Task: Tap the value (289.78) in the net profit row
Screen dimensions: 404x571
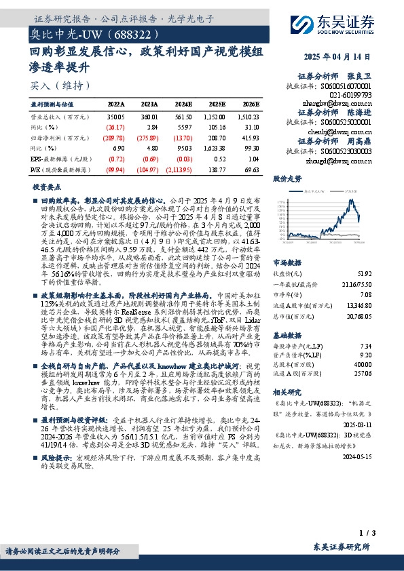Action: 115,137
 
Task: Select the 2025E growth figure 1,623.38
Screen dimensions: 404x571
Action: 214,147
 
